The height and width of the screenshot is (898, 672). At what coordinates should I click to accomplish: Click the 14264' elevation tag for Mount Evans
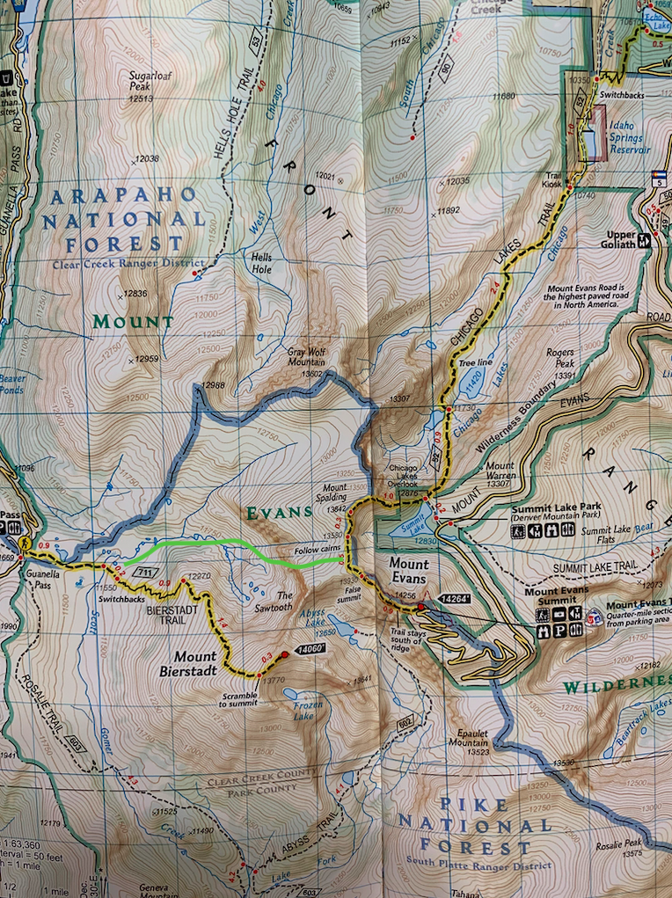457,598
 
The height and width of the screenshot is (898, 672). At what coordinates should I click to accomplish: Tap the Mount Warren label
500,471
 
